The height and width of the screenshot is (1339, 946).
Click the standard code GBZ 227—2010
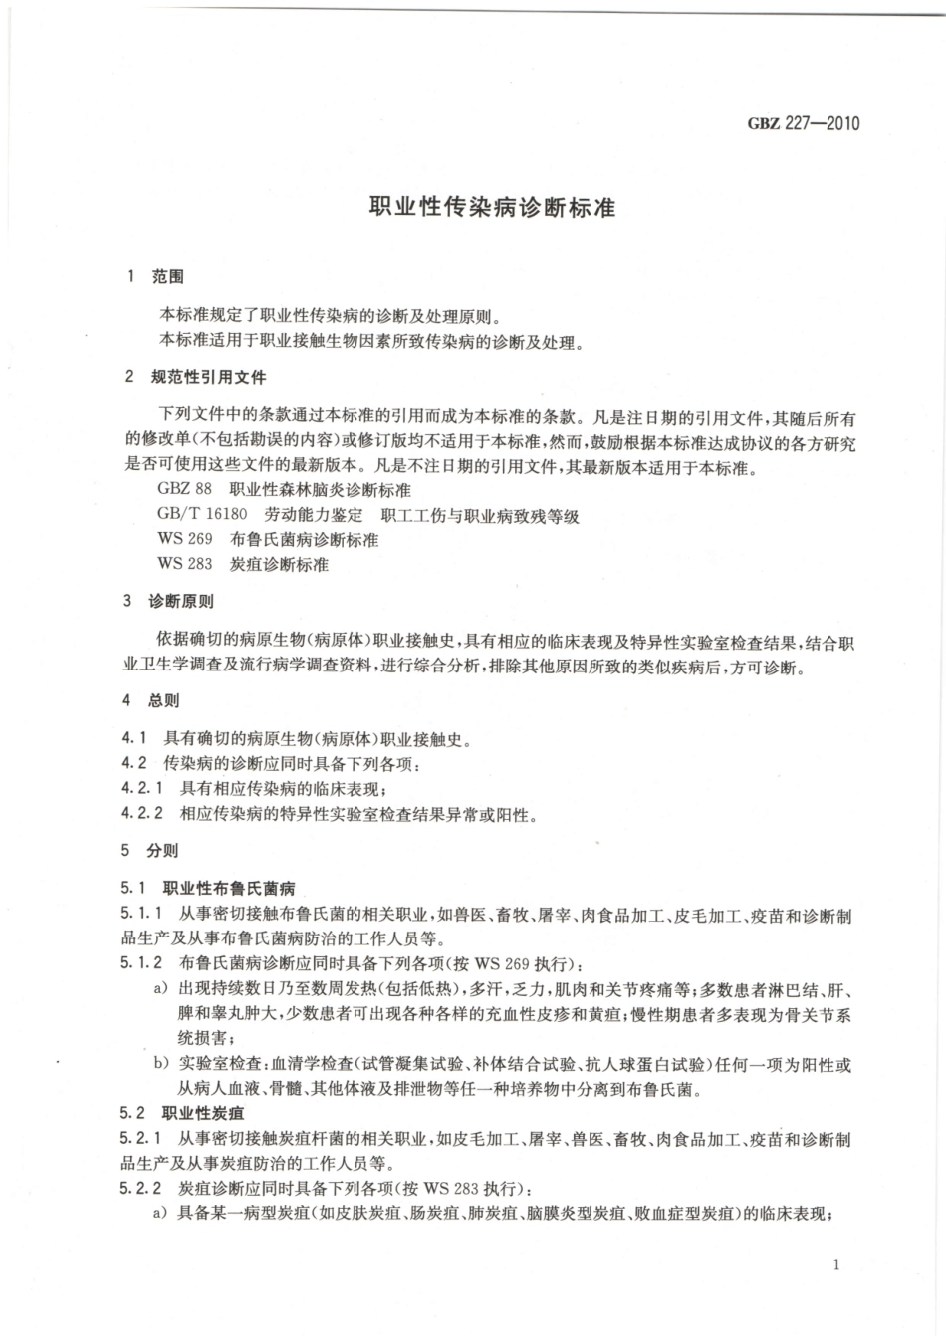pyautogui.click(x=803, y=124)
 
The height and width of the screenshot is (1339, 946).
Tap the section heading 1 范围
pyautogui.click(x=155, y=276)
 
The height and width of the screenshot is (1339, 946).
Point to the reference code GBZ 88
pyautogui.click(x=184, y=490)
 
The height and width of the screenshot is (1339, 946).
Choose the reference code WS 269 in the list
pyautogui.click(x=184, y=540)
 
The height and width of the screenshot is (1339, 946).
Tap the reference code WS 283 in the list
pyautogui.click(x=184, y=565)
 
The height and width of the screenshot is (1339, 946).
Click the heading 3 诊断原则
pyautogui.click(x=168, y=602)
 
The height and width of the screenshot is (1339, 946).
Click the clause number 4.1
pyautogui.click(x=134, y=739)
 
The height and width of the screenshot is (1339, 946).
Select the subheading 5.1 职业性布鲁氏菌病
pyautogui.click(x=208, y=888)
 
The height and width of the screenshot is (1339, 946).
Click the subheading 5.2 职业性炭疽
pyautogui.click(x=182, y=1113)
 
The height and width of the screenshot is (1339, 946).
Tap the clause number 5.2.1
pyautogui.click(x=139, y=1139)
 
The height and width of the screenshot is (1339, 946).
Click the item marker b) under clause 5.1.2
pyautogui.click(x=160, y=1065)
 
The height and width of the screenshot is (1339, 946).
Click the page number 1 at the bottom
pyautogui.click(x=835, y=1265)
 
